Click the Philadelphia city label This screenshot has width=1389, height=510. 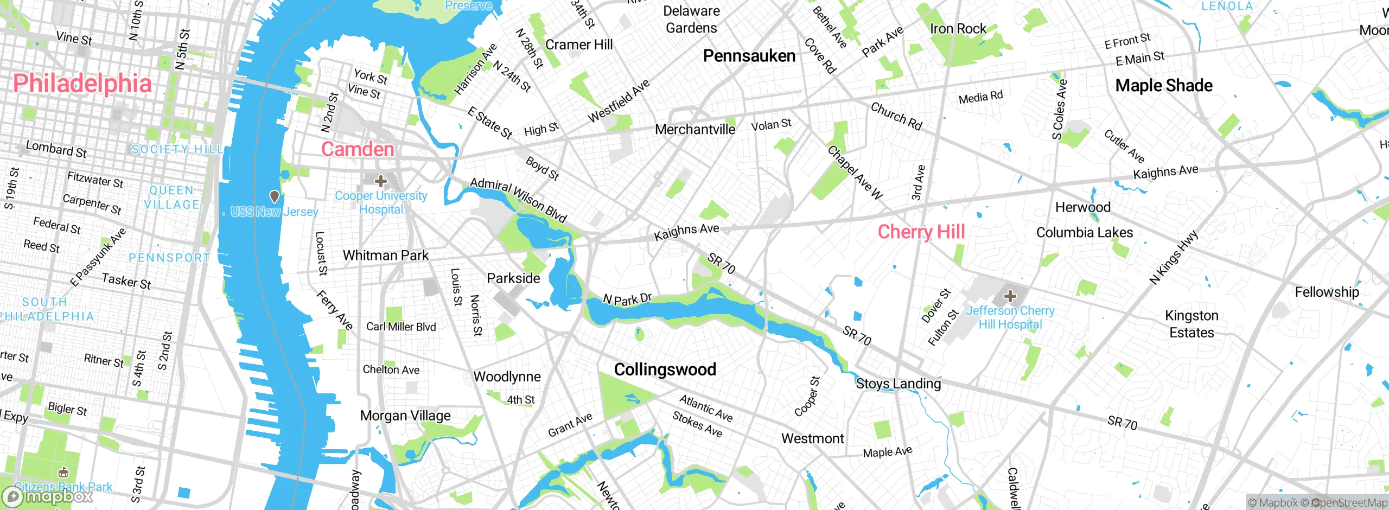(x=82, y=84)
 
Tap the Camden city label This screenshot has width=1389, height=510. (x=358, y=149)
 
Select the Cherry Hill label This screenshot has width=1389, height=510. (x=921, y=232)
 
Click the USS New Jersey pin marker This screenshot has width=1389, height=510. (x=275, y=196)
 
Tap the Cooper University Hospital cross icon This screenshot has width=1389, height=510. (x=381, y=181)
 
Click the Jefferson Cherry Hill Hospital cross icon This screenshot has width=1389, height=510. (x=1010, y=296)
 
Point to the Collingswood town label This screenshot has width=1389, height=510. (x=665, y=369)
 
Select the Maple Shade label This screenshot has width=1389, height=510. (x=1164, y=86)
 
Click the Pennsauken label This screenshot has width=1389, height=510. (x=749, y=56)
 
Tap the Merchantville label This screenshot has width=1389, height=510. (x=695, y=130)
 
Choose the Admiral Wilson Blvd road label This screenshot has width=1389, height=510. (x=518, y=200)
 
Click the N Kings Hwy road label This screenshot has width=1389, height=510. (x=1174, y=258)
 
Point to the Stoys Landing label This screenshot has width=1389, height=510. (x=898, y=384)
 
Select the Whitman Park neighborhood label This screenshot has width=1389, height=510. (x=385, y=255)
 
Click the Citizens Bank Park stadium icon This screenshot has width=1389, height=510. (x=63, y=473)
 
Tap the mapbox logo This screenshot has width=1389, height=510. (x=48, y=496)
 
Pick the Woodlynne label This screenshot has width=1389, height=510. (x=507, y=377)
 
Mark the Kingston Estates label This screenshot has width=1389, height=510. (x=1192, y=324)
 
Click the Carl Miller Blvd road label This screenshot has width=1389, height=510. (x=401, y=327)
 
